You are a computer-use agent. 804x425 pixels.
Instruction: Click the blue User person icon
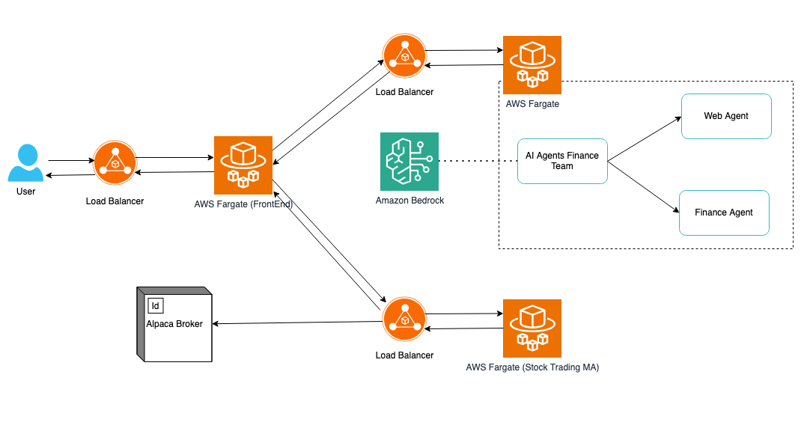point(25,162)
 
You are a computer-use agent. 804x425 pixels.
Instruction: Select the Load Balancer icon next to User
point(115,162)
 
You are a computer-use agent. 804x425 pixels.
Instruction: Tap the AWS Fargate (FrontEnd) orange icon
point(243,165)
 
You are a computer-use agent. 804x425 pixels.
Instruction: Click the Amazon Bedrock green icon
point(409,162)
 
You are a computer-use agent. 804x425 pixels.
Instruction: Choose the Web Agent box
point(726,116)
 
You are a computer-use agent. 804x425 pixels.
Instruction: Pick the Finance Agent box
point(724,212)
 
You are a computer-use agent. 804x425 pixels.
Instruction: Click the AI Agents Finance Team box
point(562,161)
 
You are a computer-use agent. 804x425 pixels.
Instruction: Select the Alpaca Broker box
point(174,324)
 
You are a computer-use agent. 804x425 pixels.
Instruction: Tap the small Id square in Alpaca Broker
point(156,305)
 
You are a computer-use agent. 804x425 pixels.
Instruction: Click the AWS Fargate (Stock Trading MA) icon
point(532,328)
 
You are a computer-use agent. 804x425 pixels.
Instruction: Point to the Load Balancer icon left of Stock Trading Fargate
point(404,319)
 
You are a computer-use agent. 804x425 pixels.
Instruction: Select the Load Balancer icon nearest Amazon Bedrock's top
point(404,55)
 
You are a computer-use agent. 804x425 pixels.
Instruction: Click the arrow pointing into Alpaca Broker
point(297,322)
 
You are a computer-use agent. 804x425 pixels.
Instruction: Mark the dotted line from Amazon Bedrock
point(478,161)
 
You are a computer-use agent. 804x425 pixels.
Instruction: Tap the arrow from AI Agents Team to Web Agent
point(645,139)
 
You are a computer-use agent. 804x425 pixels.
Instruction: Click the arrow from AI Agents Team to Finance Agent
point(644,187)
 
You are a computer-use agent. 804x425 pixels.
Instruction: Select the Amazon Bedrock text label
point(409,201)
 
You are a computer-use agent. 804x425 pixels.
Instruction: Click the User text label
point(25,192)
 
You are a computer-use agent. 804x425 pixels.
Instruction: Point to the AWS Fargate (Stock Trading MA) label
point(532,367)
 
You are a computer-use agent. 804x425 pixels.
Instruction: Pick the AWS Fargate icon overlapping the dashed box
point(532,64)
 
